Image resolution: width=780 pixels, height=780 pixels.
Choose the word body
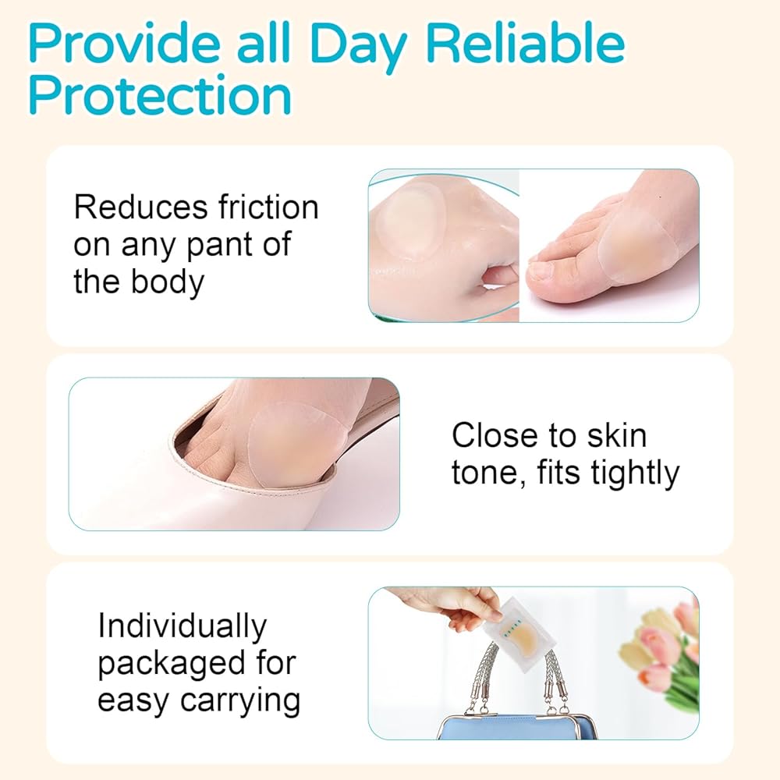[168, 282]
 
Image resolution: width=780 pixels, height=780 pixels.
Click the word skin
[617, 435]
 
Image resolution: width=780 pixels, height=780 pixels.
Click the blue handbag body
[517, 727]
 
